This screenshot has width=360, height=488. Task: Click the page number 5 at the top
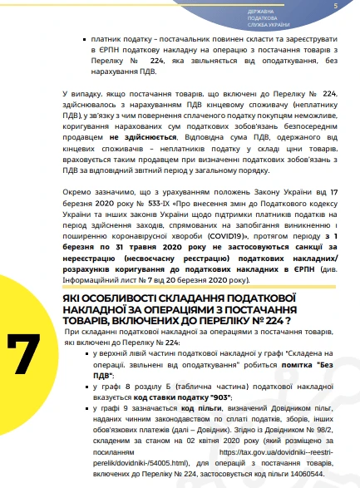pos(335,7)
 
